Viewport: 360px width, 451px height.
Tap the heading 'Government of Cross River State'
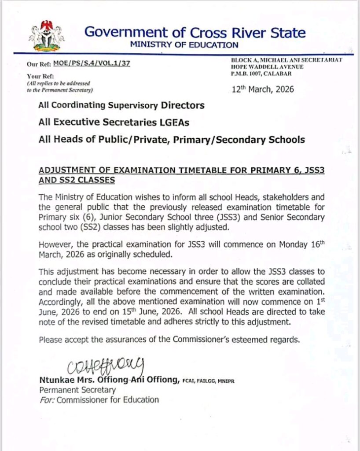pos(195,32)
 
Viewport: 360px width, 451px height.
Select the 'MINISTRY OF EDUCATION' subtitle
pos(184,44)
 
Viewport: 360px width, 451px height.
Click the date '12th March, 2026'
pos(263,90)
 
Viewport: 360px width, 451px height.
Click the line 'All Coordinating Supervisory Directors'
pos(121,105)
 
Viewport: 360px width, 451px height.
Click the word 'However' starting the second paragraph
pos(55,244)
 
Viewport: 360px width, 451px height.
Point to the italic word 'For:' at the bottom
pos(47,400)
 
